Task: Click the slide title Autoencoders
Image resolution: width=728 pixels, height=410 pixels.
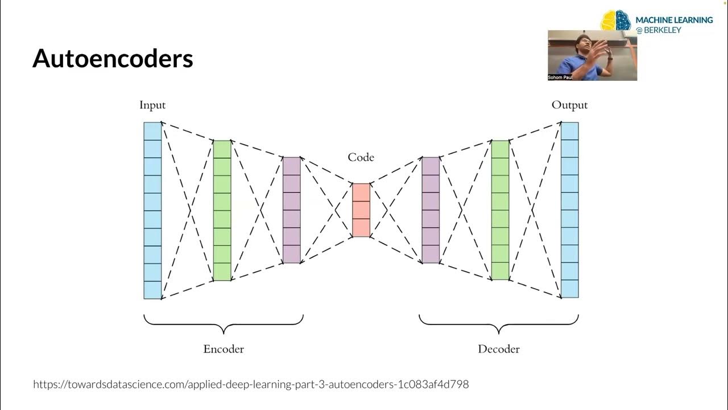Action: tap(113, 59)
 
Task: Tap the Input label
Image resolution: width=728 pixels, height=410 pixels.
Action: tap(152, 105)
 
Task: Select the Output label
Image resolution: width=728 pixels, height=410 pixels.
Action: tap(569, 105)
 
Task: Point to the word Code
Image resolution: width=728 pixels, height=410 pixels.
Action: tap(361, 157)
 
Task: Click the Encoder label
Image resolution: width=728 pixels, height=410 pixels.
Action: tap(224, 349)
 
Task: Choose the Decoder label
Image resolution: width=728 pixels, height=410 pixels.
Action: tap(499, 349)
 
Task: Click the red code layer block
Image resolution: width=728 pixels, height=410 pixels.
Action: tap(361, 210)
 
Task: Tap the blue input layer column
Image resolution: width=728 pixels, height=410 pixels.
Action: tap(152, 211)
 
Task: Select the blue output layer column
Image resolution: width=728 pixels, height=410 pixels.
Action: tap(570, 211)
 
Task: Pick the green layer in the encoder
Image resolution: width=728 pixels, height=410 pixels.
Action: tap(222, 211)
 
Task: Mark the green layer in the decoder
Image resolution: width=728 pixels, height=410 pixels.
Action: tap(500, 211)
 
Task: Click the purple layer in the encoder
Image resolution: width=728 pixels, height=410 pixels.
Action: tap(292, 210)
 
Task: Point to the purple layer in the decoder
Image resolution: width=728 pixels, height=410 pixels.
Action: tap(431, 210)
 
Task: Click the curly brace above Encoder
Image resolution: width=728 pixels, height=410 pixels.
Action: tap(224, 324)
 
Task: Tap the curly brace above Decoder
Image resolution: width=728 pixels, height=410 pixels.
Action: tap(499, 324)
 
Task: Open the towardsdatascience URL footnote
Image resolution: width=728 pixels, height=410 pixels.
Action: tap(251, 384)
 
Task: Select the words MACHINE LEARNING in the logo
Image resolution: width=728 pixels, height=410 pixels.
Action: tap(675, 20)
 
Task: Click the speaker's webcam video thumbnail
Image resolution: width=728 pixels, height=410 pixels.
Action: tap(592, 55)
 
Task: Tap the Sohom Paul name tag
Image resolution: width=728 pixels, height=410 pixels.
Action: tap(560, 77)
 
